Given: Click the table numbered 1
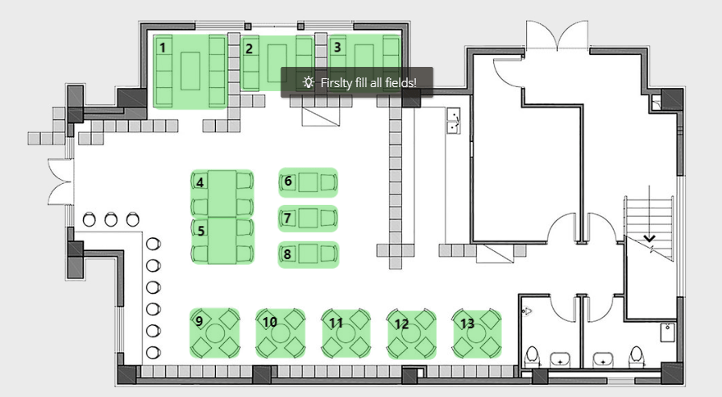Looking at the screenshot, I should [x=190, y=71].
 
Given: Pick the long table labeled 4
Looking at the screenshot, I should [x=223, y=192].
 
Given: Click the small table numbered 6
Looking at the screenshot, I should [x=308, y=182].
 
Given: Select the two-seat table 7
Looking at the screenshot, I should [x=308, y=218].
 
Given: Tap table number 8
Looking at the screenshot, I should [x=308, y=255].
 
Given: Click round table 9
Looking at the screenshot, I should [x=215, y=333].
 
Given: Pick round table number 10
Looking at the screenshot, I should [x=281, y=333].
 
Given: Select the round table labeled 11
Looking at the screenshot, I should [x=347, y=334].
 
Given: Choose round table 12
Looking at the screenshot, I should [x=413, y=334].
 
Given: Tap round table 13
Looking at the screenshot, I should [x=477, y=333].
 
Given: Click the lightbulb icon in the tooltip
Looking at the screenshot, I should [x=307, y=82].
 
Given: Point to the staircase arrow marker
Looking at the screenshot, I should [x=649, y=238].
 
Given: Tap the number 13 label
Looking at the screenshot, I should [x=467, y=324].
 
